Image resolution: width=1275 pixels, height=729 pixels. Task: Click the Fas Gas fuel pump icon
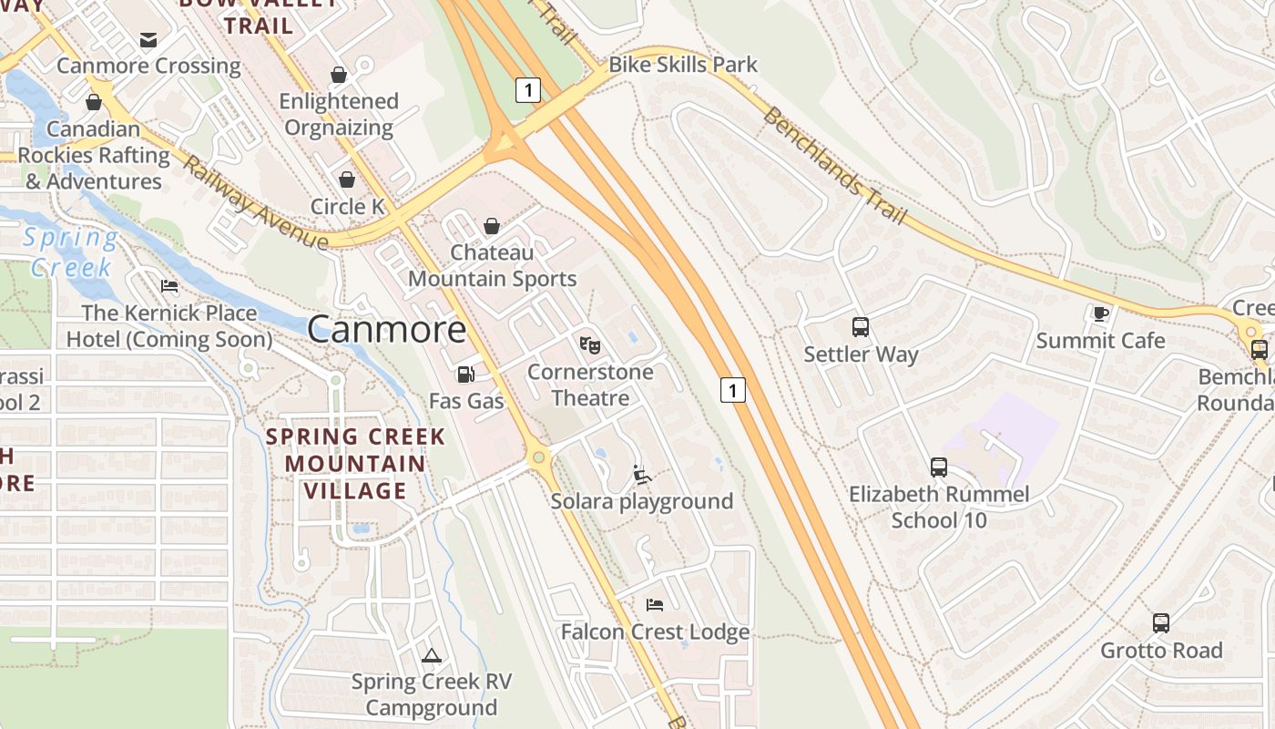click(465, 375)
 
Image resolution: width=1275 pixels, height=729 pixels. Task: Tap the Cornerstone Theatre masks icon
click(590, 345)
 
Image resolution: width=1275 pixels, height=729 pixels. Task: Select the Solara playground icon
click(642, 475)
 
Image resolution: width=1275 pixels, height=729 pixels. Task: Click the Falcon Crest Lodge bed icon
click(655, 605)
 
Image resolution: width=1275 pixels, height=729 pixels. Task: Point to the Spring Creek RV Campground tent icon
click(431, 655)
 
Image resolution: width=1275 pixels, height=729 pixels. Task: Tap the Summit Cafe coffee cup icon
click(1100, 314)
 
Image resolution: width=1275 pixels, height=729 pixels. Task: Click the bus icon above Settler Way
click(861, 327)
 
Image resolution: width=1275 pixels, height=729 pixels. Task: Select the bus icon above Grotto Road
click(1160, 623)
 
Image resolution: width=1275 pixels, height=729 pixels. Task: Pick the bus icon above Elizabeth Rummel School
click(939, 467)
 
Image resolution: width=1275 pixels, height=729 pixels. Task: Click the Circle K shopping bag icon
click(347, 180)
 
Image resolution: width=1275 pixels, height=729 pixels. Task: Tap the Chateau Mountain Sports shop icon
click(492, 225)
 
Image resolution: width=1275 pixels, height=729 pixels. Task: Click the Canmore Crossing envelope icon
click(148, 39)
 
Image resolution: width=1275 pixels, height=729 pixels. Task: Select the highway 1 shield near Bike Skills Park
click(528, 89)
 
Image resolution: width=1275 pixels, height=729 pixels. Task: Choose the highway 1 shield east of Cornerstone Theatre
click(733, 390)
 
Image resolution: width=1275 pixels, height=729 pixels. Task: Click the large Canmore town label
click(387, 329)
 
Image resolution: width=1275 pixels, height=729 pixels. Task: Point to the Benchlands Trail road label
click(834, 167)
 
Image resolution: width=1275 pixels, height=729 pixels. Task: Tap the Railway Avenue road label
click(255, 203)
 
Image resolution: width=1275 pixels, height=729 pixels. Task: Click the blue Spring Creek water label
click(70, 252)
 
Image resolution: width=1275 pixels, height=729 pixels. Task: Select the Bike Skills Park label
click(683, 65)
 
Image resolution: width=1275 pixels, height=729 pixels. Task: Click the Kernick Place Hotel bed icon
click(169, 286)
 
